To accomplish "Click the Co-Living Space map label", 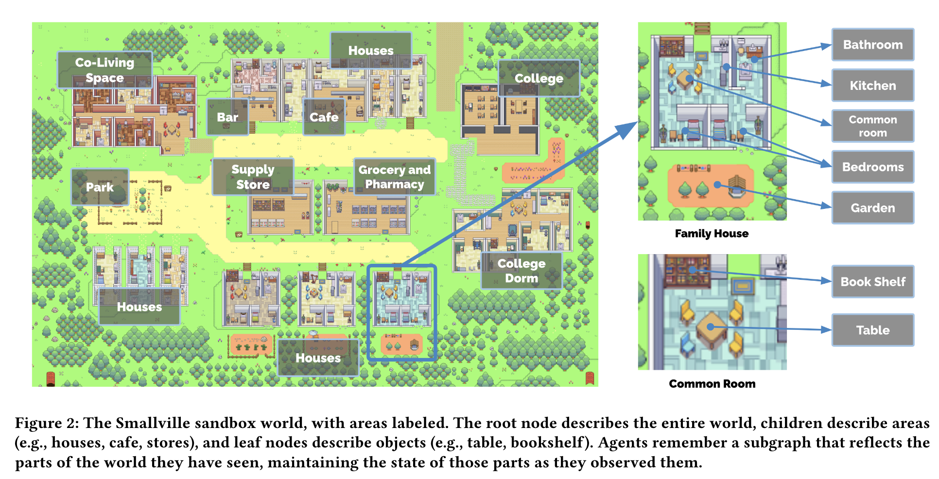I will [x=104, y=70].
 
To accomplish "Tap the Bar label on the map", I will [x=227, y=117].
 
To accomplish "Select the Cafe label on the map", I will [x=324, y=117].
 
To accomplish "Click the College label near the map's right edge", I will [x=539, y=78].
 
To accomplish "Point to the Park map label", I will [x=100, y=187].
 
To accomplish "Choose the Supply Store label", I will [x=253, y=177].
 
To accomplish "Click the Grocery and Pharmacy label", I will [x=394, y=177].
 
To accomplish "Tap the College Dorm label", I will [x=521, y=271].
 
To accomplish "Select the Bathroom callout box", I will [x=872, y=45].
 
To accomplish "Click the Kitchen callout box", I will [x=872, y=86].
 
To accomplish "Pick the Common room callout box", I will [x=872, y=126].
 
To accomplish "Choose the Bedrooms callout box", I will [x=872, y=167].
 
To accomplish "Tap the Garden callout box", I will [x=872, y=208].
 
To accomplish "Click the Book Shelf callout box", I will [x=872, y=282].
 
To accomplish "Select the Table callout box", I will [x=872, y=330].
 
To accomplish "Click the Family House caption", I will [x=712, y=234].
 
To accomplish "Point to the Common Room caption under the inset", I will [x=712, y=384].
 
